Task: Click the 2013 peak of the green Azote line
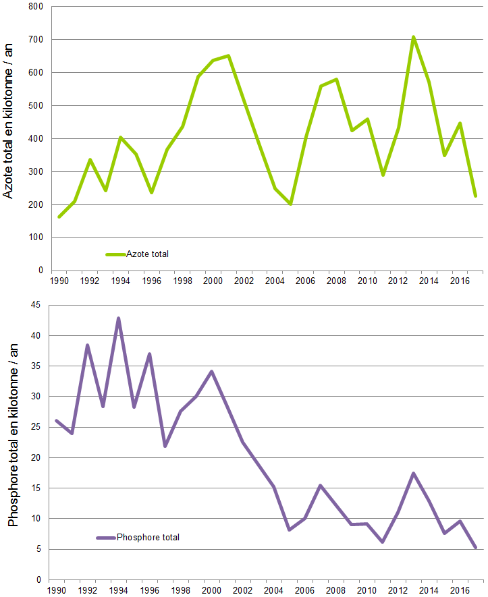pos(413,37)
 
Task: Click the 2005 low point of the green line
pos(290,204)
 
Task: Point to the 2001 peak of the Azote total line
pos(229,55)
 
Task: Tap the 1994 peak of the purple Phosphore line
pos(118,318)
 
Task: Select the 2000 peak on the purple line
pos(212,371)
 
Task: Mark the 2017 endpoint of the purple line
pos(475,547)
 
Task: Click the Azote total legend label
pos(148,254)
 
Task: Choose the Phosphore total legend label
pos(148,538)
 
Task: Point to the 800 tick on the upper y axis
pos(35,7)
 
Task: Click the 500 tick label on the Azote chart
pos(35,106)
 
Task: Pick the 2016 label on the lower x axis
pos(460,590)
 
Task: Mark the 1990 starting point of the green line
pos(59,217)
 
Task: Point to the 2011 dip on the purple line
pos(382,542)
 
